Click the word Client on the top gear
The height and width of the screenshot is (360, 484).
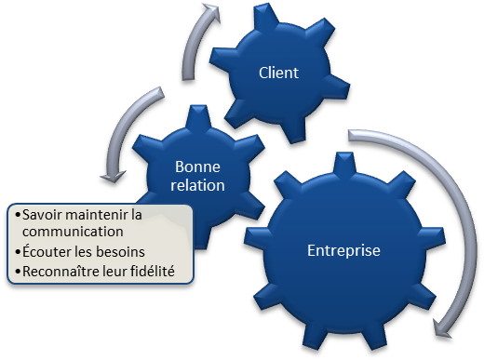coord(278,72)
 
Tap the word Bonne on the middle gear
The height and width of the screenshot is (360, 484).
coord(199,167)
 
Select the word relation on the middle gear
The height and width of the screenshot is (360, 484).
coord(199,184)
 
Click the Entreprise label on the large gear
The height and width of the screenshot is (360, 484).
coord(343,250)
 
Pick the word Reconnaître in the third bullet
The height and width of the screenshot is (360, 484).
coord(60,272)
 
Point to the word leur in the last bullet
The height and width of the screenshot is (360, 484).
coord(119,272)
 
